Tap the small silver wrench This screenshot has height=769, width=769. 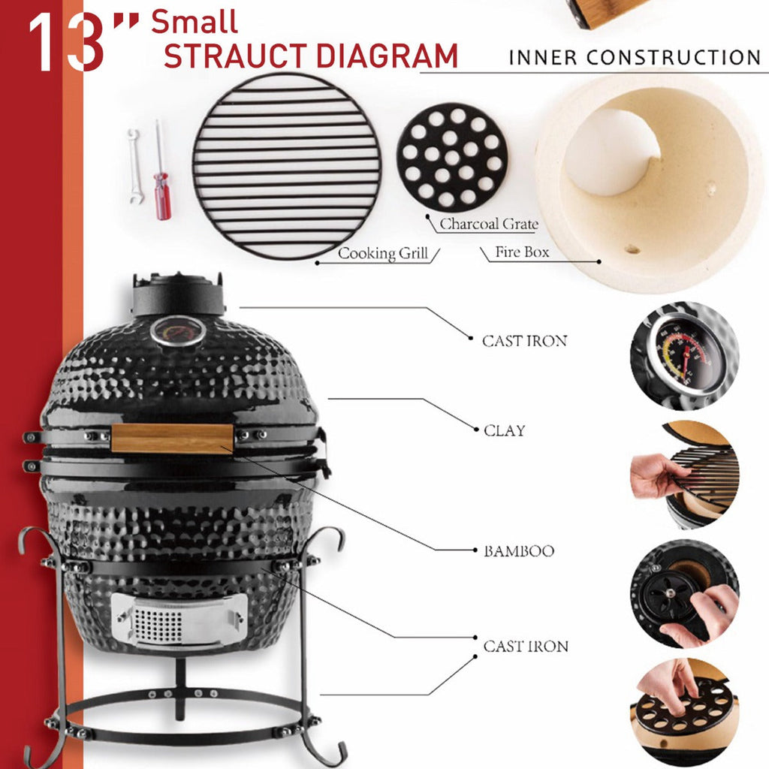(x=135, y=167)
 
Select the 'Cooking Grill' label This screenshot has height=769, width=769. (x=382, y=253)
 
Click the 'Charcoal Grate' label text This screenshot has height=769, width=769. (x=488, y=224)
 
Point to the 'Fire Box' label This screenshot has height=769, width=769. (x=522, y=252)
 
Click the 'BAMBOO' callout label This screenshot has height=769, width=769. (x=519, y=551)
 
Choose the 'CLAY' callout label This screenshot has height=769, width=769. (x=504, y=430)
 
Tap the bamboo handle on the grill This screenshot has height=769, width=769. (x=172, y=438)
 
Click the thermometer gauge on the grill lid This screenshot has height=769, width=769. (x=177, y=331)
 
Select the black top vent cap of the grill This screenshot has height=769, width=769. (x=177, y=294)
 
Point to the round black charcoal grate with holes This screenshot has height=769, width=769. (x=451, y=158)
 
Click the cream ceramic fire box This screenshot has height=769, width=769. (x=650, y=184)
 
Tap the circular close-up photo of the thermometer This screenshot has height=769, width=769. (x=684, y=356)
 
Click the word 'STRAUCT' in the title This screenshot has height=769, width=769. (x=235, y=56)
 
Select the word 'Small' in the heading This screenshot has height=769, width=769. (x=195, y=22)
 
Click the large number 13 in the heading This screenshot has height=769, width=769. (x=66, y=42)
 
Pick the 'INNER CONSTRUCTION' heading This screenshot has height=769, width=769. (x=635, y=57)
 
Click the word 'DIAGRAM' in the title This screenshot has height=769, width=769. (x=387, y=56)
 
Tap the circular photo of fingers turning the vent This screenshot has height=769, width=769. (x=684, y=593)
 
